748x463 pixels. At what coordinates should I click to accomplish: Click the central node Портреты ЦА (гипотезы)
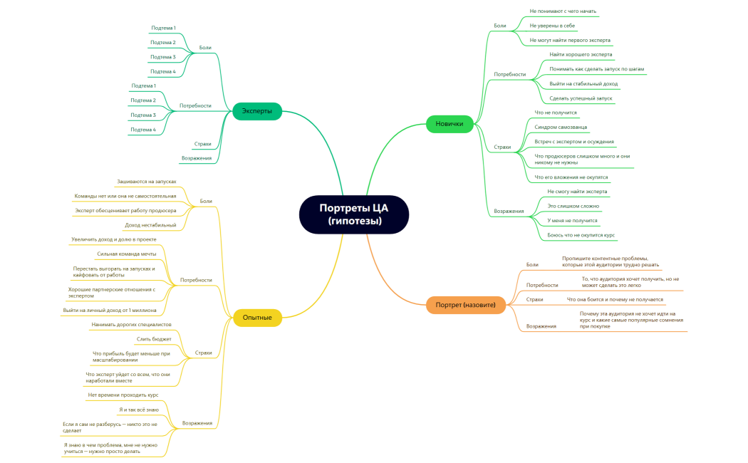pos(354,214)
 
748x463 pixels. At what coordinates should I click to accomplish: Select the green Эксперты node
pos(257,111)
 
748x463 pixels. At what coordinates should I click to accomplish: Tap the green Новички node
pos(450,124)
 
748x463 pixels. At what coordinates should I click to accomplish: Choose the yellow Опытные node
pos(257,317)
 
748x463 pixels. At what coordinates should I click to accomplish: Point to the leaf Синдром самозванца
pos(561,127)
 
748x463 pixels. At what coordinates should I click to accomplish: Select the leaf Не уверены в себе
pos(552,26)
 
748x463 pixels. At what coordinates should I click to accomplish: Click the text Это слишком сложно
pos(573,206)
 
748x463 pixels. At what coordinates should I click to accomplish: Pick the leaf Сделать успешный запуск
pos(581,98)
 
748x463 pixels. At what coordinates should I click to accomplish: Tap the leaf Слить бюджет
pos(154,339)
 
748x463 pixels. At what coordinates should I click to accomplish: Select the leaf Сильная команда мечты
pos(127,254)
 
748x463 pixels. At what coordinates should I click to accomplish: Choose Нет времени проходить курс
pos(123,395)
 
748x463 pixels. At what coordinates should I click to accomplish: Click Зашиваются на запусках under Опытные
pos(147,182)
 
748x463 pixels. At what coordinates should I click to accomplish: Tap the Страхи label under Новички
pos(502,147)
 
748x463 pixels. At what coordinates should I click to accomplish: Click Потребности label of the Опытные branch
pos(196,280)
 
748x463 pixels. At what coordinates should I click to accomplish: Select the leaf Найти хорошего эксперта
pos(581,55)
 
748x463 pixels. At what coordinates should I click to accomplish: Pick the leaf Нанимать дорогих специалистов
pos(131,324)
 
